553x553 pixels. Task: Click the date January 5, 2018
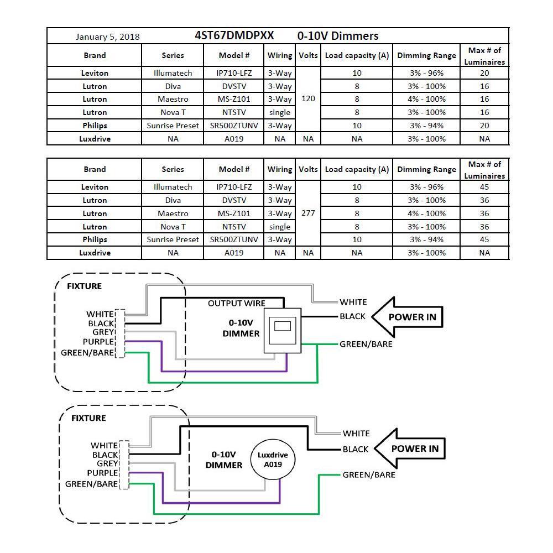(107, 37)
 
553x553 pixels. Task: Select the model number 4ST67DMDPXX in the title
(234, 35)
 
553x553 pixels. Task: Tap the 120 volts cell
(308, 99)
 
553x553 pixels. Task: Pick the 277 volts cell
(308, 213)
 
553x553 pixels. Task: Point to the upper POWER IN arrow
(407, 317)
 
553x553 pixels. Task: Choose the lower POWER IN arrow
(410, 448)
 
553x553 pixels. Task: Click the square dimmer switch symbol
(282, 331)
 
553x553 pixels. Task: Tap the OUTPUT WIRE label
(236, 303)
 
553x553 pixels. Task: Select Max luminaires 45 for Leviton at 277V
(484, 187)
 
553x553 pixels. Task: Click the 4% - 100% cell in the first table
(426, 99)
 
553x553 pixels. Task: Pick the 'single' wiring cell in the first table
(280, 112)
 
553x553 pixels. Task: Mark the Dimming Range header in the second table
(426, 169)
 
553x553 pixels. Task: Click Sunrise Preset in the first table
(173, 126)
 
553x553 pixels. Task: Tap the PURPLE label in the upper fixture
(98, 342)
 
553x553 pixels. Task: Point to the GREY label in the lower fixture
(107, 463)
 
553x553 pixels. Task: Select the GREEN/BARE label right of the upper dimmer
(366, 344)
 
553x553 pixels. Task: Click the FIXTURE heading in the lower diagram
(88, 418)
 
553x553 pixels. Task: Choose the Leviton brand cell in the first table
(95, 73)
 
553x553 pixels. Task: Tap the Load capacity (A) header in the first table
(357, 55)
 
